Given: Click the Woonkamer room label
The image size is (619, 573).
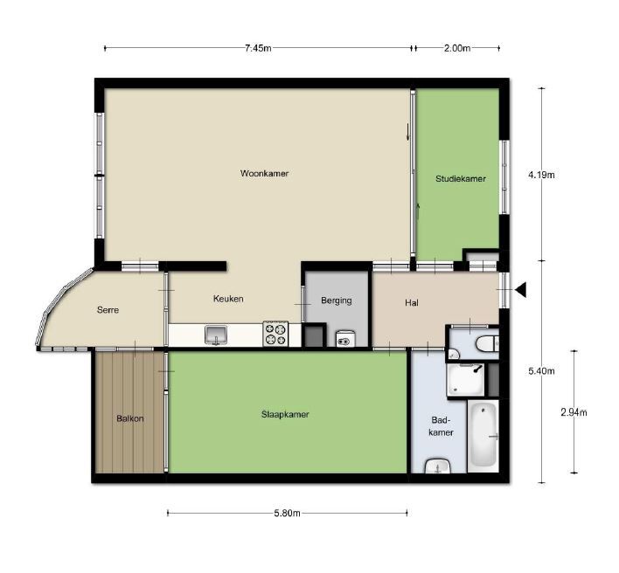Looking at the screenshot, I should (x=264, y=174).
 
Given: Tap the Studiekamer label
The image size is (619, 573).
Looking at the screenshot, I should (x=461, y=179).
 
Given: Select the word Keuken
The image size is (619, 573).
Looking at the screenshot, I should (x=228, y=299).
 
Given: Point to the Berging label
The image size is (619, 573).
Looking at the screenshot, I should (x=336, y=301).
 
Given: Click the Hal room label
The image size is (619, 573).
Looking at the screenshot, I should (x=413, y=303).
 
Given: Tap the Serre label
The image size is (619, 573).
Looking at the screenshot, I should (x=108, y=310).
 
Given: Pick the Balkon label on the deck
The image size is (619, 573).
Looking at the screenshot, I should (x=129, y=418).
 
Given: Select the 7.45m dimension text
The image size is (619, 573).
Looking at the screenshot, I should (x=258, y=48).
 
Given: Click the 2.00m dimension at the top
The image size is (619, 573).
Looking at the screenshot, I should (x=456, y=48).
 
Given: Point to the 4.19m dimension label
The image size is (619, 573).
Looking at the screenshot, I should (x=542, y=175).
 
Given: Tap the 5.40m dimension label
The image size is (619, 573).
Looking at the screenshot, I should (x=542, y=371).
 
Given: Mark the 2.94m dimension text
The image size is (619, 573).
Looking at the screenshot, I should (x=574, y=413).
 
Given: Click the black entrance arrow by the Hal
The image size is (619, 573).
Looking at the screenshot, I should (x=519, y=290).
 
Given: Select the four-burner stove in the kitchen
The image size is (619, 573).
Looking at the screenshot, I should (x=275, y=334).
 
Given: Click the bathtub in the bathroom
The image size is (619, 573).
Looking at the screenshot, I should (x=483, y=436).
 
